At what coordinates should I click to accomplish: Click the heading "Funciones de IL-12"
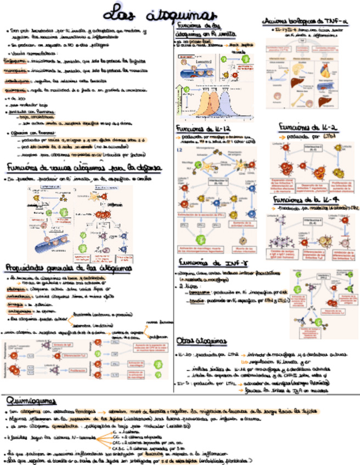coord(202,128)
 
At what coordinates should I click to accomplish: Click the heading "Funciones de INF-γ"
coord(209,263)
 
